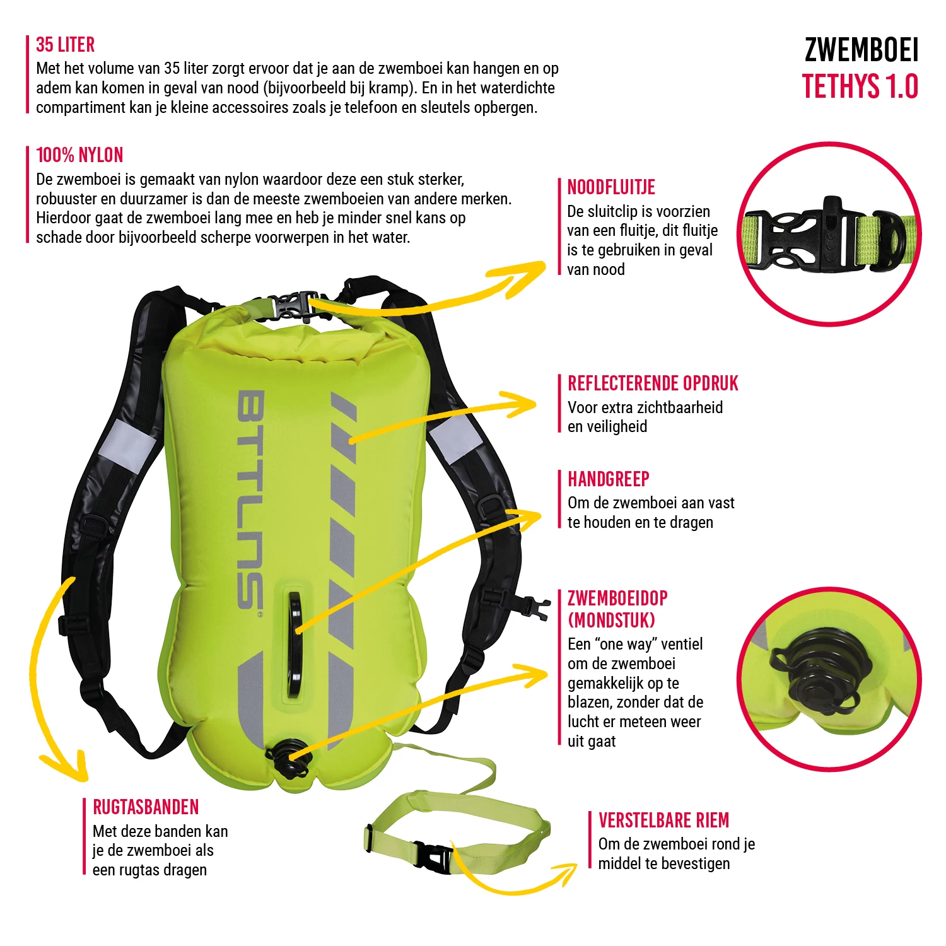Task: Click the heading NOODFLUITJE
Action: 611,187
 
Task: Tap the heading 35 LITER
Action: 66,45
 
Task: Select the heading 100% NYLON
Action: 79,155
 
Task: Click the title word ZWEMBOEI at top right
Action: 861,50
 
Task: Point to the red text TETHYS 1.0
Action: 860,87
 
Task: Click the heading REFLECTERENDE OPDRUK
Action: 653,383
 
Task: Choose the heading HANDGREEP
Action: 609,479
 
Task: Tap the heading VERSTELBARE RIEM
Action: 663,820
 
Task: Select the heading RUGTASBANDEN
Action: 146,807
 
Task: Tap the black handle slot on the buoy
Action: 295,643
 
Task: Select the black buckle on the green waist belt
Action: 434,856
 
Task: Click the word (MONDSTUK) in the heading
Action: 612,621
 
